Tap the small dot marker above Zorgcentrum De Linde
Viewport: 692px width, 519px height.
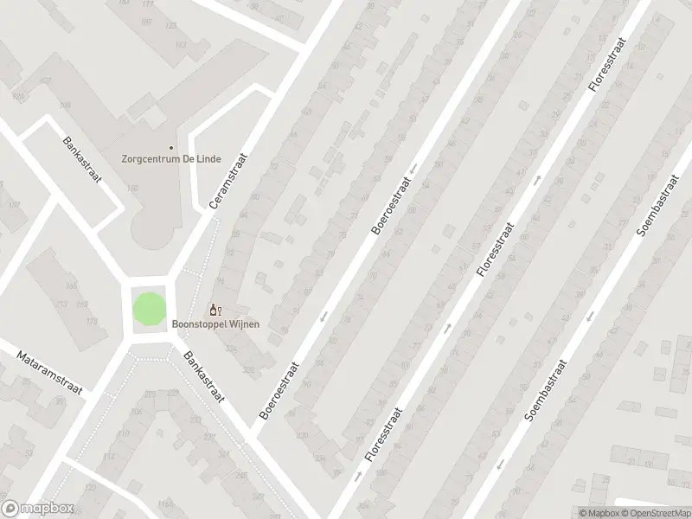(x=170, y=148)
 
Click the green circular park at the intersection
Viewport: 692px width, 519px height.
(x=147, y=309)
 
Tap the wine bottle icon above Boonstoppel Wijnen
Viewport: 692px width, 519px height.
(x=215, y=310)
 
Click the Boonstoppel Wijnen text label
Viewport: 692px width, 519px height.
(x=215, y=324)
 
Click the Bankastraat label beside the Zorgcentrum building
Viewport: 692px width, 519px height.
(x=83, y=161)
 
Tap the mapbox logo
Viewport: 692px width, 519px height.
(x=37, y=509)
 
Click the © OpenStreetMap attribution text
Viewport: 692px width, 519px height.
(x=654, y=511)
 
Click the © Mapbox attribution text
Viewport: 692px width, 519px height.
(x=599, y=511)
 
